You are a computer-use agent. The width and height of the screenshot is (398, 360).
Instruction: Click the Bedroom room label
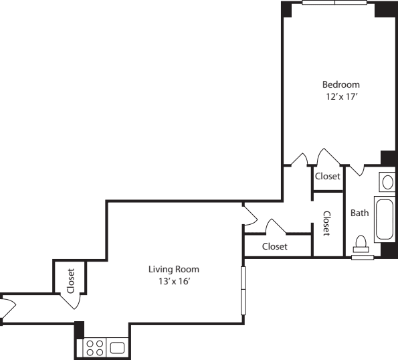[341, 84]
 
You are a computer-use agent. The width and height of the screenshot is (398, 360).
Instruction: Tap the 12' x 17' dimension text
[341, 96]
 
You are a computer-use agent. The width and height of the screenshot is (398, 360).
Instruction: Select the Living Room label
[174, 270]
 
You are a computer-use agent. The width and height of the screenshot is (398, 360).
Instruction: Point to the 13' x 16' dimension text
[174, 281]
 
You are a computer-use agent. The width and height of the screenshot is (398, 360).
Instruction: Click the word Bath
[360, 213]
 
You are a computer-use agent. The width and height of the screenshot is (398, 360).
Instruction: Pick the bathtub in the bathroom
[385, 219]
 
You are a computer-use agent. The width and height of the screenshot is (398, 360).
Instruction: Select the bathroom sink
[387, 181]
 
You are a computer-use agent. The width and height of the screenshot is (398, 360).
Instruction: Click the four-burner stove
[95, 348]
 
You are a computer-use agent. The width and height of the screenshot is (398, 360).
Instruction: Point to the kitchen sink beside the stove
[118, 348]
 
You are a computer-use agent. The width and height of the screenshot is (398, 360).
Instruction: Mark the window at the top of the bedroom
[334, 3]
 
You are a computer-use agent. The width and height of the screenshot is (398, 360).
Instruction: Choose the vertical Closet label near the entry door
[70, 281]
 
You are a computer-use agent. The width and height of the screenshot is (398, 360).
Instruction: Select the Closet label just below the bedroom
[328, 177]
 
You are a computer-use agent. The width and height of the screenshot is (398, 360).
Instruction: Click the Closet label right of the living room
[274, 246]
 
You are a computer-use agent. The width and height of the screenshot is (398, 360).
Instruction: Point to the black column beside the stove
[79, 330]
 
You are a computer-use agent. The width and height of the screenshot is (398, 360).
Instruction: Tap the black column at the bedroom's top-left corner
[286, 9]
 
